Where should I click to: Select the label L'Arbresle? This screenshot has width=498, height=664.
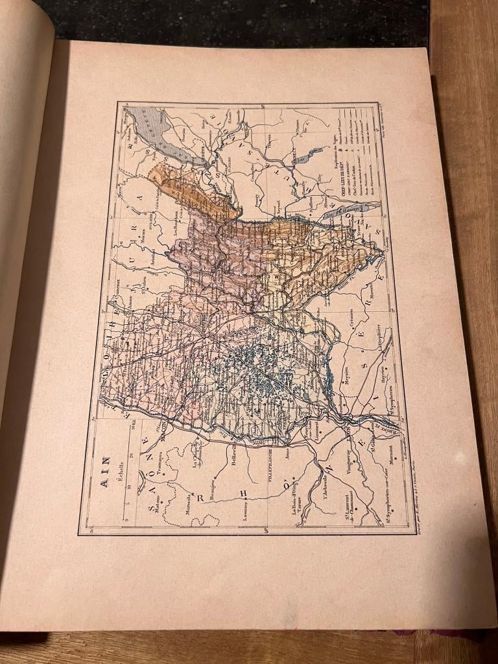tap(324, 480)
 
